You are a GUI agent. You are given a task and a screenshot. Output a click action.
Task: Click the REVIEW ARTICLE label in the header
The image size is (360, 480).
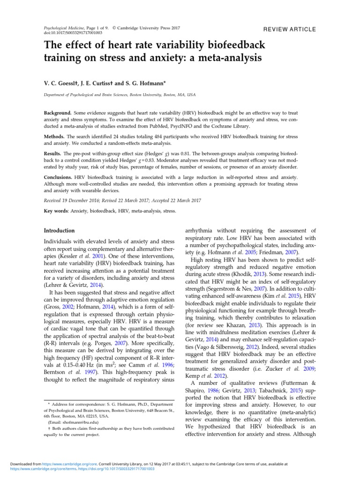point(289,29)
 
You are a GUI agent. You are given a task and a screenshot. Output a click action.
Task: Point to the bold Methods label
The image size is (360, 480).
point(54,136)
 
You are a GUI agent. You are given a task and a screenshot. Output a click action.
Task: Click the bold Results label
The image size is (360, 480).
point(53,153)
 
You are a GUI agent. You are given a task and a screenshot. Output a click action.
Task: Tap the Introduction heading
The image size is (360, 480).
point(59,231)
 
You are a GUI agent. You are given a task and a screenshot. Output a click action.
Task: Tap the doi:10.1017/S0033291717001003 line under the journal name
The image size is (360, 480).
point(73,33)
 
